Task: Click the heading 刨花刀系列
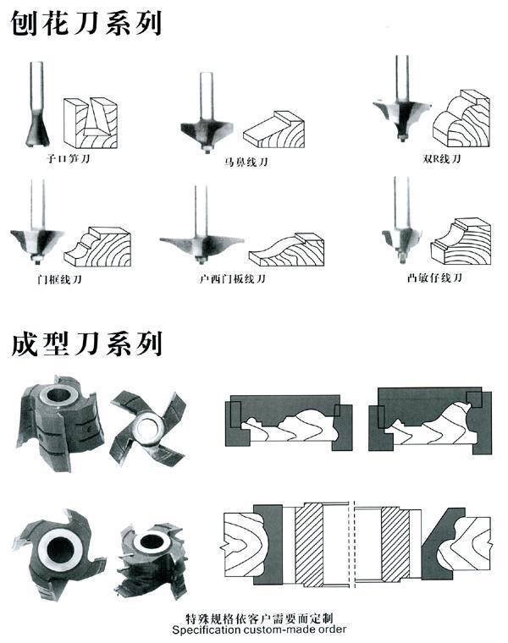point(86,23)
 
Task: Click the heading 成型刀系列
point(86,344)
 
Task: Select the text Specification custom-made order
point(258,630)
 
